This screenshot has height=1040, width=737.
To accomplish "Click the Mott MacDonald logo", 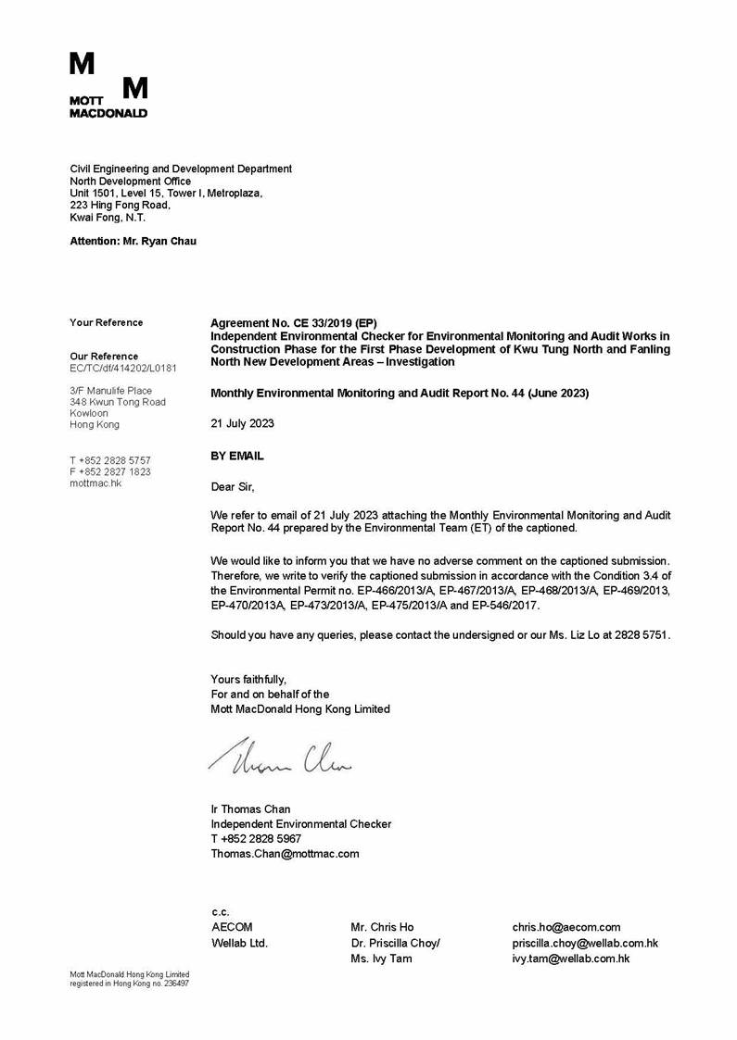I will (108, 85).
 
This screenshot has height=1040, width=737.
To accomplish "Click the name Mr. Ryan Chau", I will (159, 241).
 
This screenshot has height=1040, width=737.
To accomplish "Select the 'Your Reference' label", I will (107, 322).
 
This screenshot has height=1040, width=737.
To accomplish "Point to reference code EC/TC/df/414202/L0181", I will (123, 368).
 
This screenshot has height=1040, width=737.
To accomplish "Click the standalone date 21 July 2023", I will (242, 423).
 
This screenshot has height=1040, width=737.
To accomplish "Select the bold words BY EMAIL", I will (237, 456).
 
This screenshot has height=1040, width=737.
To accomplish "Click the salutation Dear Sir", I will (232, 486).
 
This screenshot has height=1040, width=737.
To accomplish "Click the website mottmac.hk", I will (95, 482).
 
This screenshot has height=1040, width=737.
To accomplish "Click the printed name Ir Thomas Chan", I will (250, 808).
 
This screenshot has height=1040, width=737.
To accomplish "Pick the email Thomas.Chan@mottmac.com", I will (285, 853).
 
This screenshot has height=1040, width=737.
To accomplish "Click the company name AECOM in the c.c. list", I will (232, 927).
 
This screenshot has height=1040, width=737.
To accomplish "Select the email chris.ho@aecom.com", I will (566, 927).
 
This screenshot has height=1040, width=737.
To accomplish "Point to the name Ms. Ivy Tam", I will (381, 959).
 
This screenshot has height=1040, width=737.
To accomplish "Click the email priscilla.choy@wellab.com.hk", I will (585, 943).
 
